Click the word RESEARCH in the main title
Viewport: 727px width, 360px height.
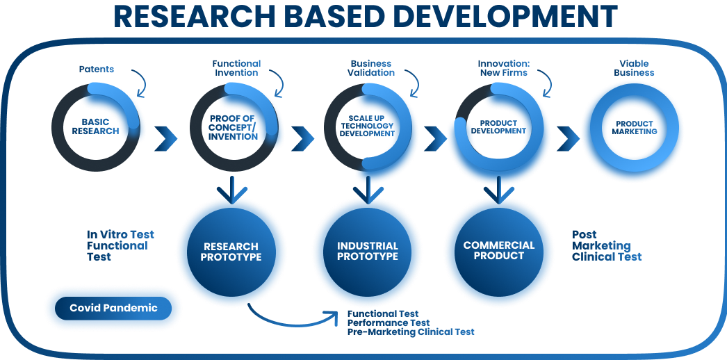point(195,16)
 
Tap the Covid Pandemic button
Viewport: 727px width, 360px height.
point(113,308)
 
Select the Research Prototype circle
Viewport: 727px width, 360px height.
point(231,252)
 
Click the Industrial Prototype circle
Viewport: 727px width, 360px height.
point(367,252)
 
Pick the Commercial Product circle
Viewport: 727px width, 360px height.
point(499,252)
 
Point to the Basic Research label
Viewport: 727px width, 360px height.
point(95,126)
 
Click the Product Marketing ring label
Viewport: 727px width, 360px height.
point(635,128)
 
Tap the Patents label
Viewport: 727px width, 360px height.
point(97,69)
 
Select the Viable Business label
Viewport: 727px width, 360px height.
point(635,68)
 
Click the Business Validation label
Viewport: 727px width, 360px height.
point(371,68)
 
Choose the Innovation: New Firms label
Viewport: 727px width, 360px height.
point(503,68)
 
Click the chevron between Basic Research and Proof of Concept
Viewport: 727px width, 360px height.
point(165,138)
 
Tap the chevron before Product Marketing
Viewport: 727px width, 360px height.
point(568,138)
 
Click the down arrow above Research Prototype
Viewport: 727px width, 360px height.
point(232,190)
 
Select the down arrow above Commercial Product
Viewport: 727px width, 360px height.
point(499,190)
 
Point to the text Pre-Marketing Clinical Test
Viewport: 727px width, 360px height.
point(411,332)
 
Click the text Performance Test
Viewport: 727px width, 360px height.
point(389,322)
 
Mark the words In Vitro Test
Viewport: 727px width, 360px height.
point(120,234)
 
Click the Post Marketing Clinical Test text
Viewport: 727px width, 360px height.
point(607,245)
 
